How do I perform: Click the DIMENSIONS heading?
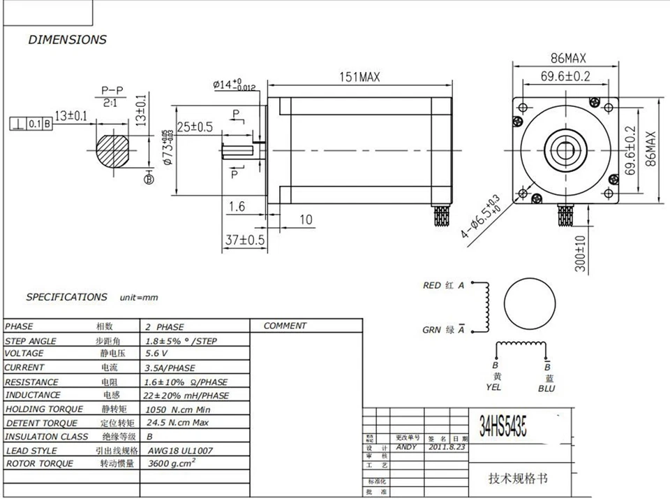pyautogui.click(x=67, y=40)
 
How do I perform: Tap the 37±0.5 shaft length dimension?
pyautogui.click(x=245, y=240)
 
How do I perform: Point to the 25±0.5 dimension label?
pyautogui.click(x=194, y=126)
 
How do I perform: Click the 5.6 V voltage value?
pyautogui.click(x=157, y=354)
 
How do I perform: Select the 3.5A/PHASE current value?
pyautogui.click(x=170, y=368)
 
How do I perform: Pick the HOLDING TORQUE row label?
pyautogui.click(x=43, y=409)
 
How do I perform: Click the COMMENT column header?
pyautogui.click(x=285, y=326)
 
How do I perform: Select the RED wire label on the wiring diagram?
pyautogui.click(x=431, y=285)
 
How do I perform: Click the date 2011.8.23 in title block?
pyautogui.click(x=447, y=446)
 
